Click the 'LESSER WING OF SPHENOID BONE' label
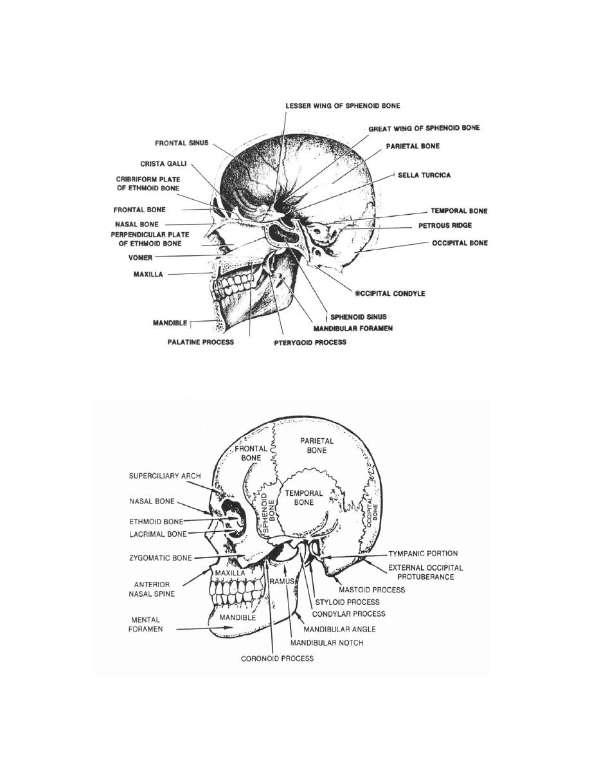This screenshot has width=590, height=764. click(x=343, y=105)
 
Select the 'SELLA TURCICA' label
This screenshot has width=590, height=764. click(x=424, y=175)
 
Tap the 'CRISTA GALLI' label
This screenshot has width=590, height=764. click(x=163, y=164)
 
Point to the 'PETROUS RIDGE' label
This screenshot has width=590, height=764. click(x=445, y=226)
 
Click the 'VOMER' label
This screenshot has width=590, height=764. click(x=140, y=258)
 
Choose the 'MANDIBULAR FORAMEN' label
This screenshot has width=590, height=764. click(x=353, y=329)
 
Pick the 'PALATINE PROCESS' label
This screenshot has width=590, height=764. click(x=201, y=342)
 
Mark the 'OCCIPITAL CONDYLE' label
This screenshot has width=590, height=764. click(x=390, y=293)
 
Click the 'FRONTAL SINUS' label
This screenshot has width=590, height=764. click(x=182, y=143)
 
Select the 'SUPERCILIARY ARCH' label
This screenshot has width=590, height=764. click(x=165, y=476)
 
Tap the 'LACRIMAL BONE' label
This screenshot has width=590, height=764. click(x=157, y=534)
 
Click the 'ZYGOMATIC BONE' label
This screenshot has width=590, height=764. click(x=160, y=558)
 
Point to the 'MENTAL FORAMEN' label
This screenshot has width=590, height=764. click(x=145, y=624)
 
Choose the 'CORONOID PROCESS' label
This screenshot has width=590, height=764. click(x=278, y=659)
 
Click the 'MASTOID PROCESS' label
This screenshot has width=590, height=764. click(x=372, y=590)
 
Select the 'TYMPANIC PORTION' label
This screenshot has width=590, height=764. click(x=423, y=554)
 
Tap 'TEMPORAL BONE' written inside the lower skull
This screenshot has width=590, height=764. click(x=304, y=498)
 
